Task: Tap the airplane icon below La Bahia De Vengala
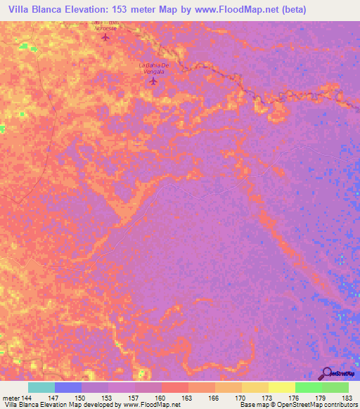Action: point(153,82)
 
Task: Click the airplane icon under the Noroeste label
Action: point(106,37)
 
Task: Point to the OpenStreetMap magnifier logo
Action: point(327,374)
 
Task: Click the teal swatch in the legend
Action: point(41,387)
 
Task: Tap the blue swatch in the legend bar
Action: point(68,387)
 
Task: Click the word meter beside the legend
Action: point(9,398)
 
